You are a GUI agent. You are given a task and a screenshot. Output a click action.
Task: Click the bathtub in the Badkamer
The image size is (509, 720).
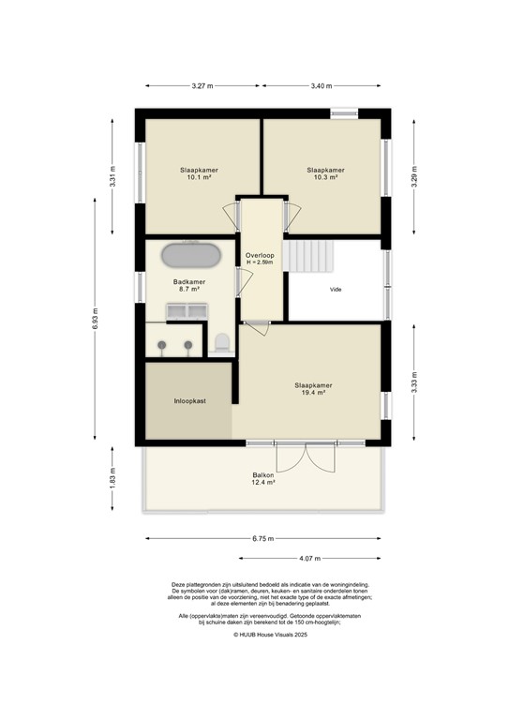tap(192, 255)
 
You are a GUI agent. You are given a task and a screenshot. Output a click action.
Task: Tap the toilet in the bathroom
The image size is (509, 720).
tap(222, 343)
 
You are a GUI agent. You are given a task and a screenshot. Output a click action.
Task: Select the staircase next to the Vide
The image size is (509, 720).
tap(307, 256)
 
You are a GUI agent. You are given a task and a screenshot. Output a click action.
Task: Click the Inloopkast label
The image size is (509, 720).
tap(189, 400)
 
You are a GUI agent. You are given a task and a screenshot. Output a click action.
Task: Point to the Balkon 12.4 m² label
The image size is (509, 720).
tap(262, 478)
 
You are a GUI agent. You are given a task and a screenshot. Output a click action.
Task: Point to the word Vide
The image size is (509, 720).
tap(335, 289)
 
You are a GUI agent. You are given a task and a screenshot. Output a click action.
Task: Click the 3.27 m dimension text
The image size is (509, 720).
tap(202, 86)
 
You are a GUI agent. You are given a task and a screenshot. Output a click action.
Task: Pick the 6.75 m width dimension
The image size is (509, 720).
tap(263, 538)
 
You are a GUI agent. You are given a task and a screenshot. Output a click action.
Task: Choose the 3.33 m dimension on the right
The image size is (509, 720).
tap(412, 384)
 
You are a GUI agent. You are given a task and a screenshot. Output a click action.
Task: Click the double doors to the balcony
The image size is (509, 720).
tap(307, 457)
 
